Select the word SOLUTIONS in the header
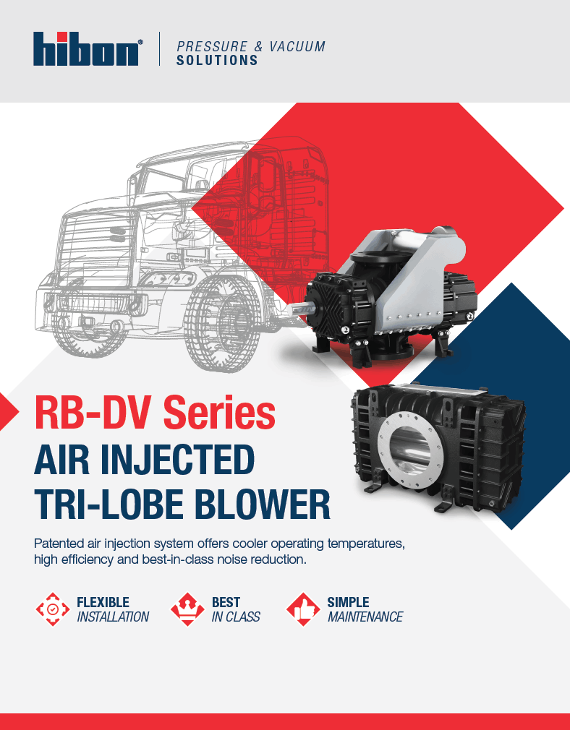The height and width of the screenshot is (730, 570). pos(217,61)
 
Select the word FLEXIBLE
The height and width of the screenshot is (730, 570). pos(103,602)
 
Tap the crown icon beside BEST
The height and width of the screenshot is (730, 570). pos(187,609)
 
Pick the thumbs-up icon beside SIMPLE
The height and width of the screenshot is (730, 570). pos(303,609)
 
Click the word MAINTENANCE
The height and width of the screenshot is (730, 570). pos(365,617)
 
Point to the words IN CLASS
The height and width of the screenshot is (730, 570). pos(235,617)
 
